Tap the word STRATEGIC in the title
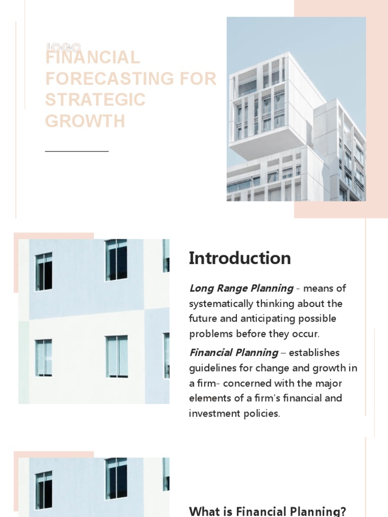pyautogui.click(x=95, y=100)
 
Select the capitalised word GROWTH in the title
pyautogui.click(x=85, y=121)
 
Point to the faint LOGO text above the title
pyautogui.click(x=63, y=47)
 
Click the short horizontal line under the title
pyautogui.click(x=77, y=151)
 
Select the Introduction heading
pyautogui.click(x=240, y=258)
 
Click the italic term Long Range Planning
pyautogui.click(x=241, y=288)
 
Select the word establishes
pyautogui.click(x=314, y=352)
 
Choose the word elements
pyautogui.click(x=209, y=398)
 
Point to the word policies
pyautogui.click(x=262, y=413)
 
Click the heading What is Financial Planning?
pyautogui.click(x=267, y=511)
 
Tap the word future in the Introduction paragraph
pyautogui.click(x=204, y=319)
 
